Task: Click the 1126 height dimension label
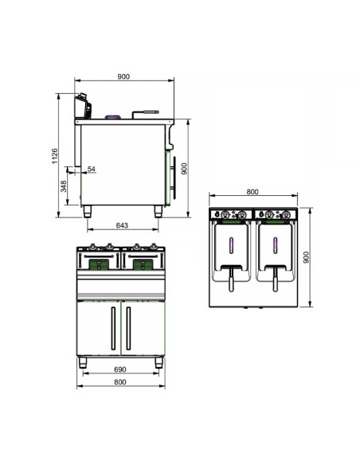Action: pyautogui.click(x=55, y=156)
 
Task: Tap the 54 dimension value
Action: pyautogui.click(x=92, y=169)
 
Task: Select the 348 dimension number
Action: pyautogui.click(x=64, y=186)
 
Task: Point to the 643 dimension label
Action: pyautogui.click(x=122, y=225)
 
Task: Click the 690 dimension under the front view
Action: pyautogui.click(x=120, y=369)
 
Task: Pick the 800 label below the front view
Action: pyautogui.click(x=120, y=382)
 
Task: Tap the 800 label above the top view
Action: pyautogui.click(x=252, y=192)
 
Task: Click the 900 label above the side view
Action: pyautogui.click(x=123, y=76)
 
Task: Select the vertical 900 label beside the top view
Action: pyautogui.click(x=307, y=257)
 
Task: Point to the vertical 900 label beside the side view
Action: pyautogui.click(x=184, y=169)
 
